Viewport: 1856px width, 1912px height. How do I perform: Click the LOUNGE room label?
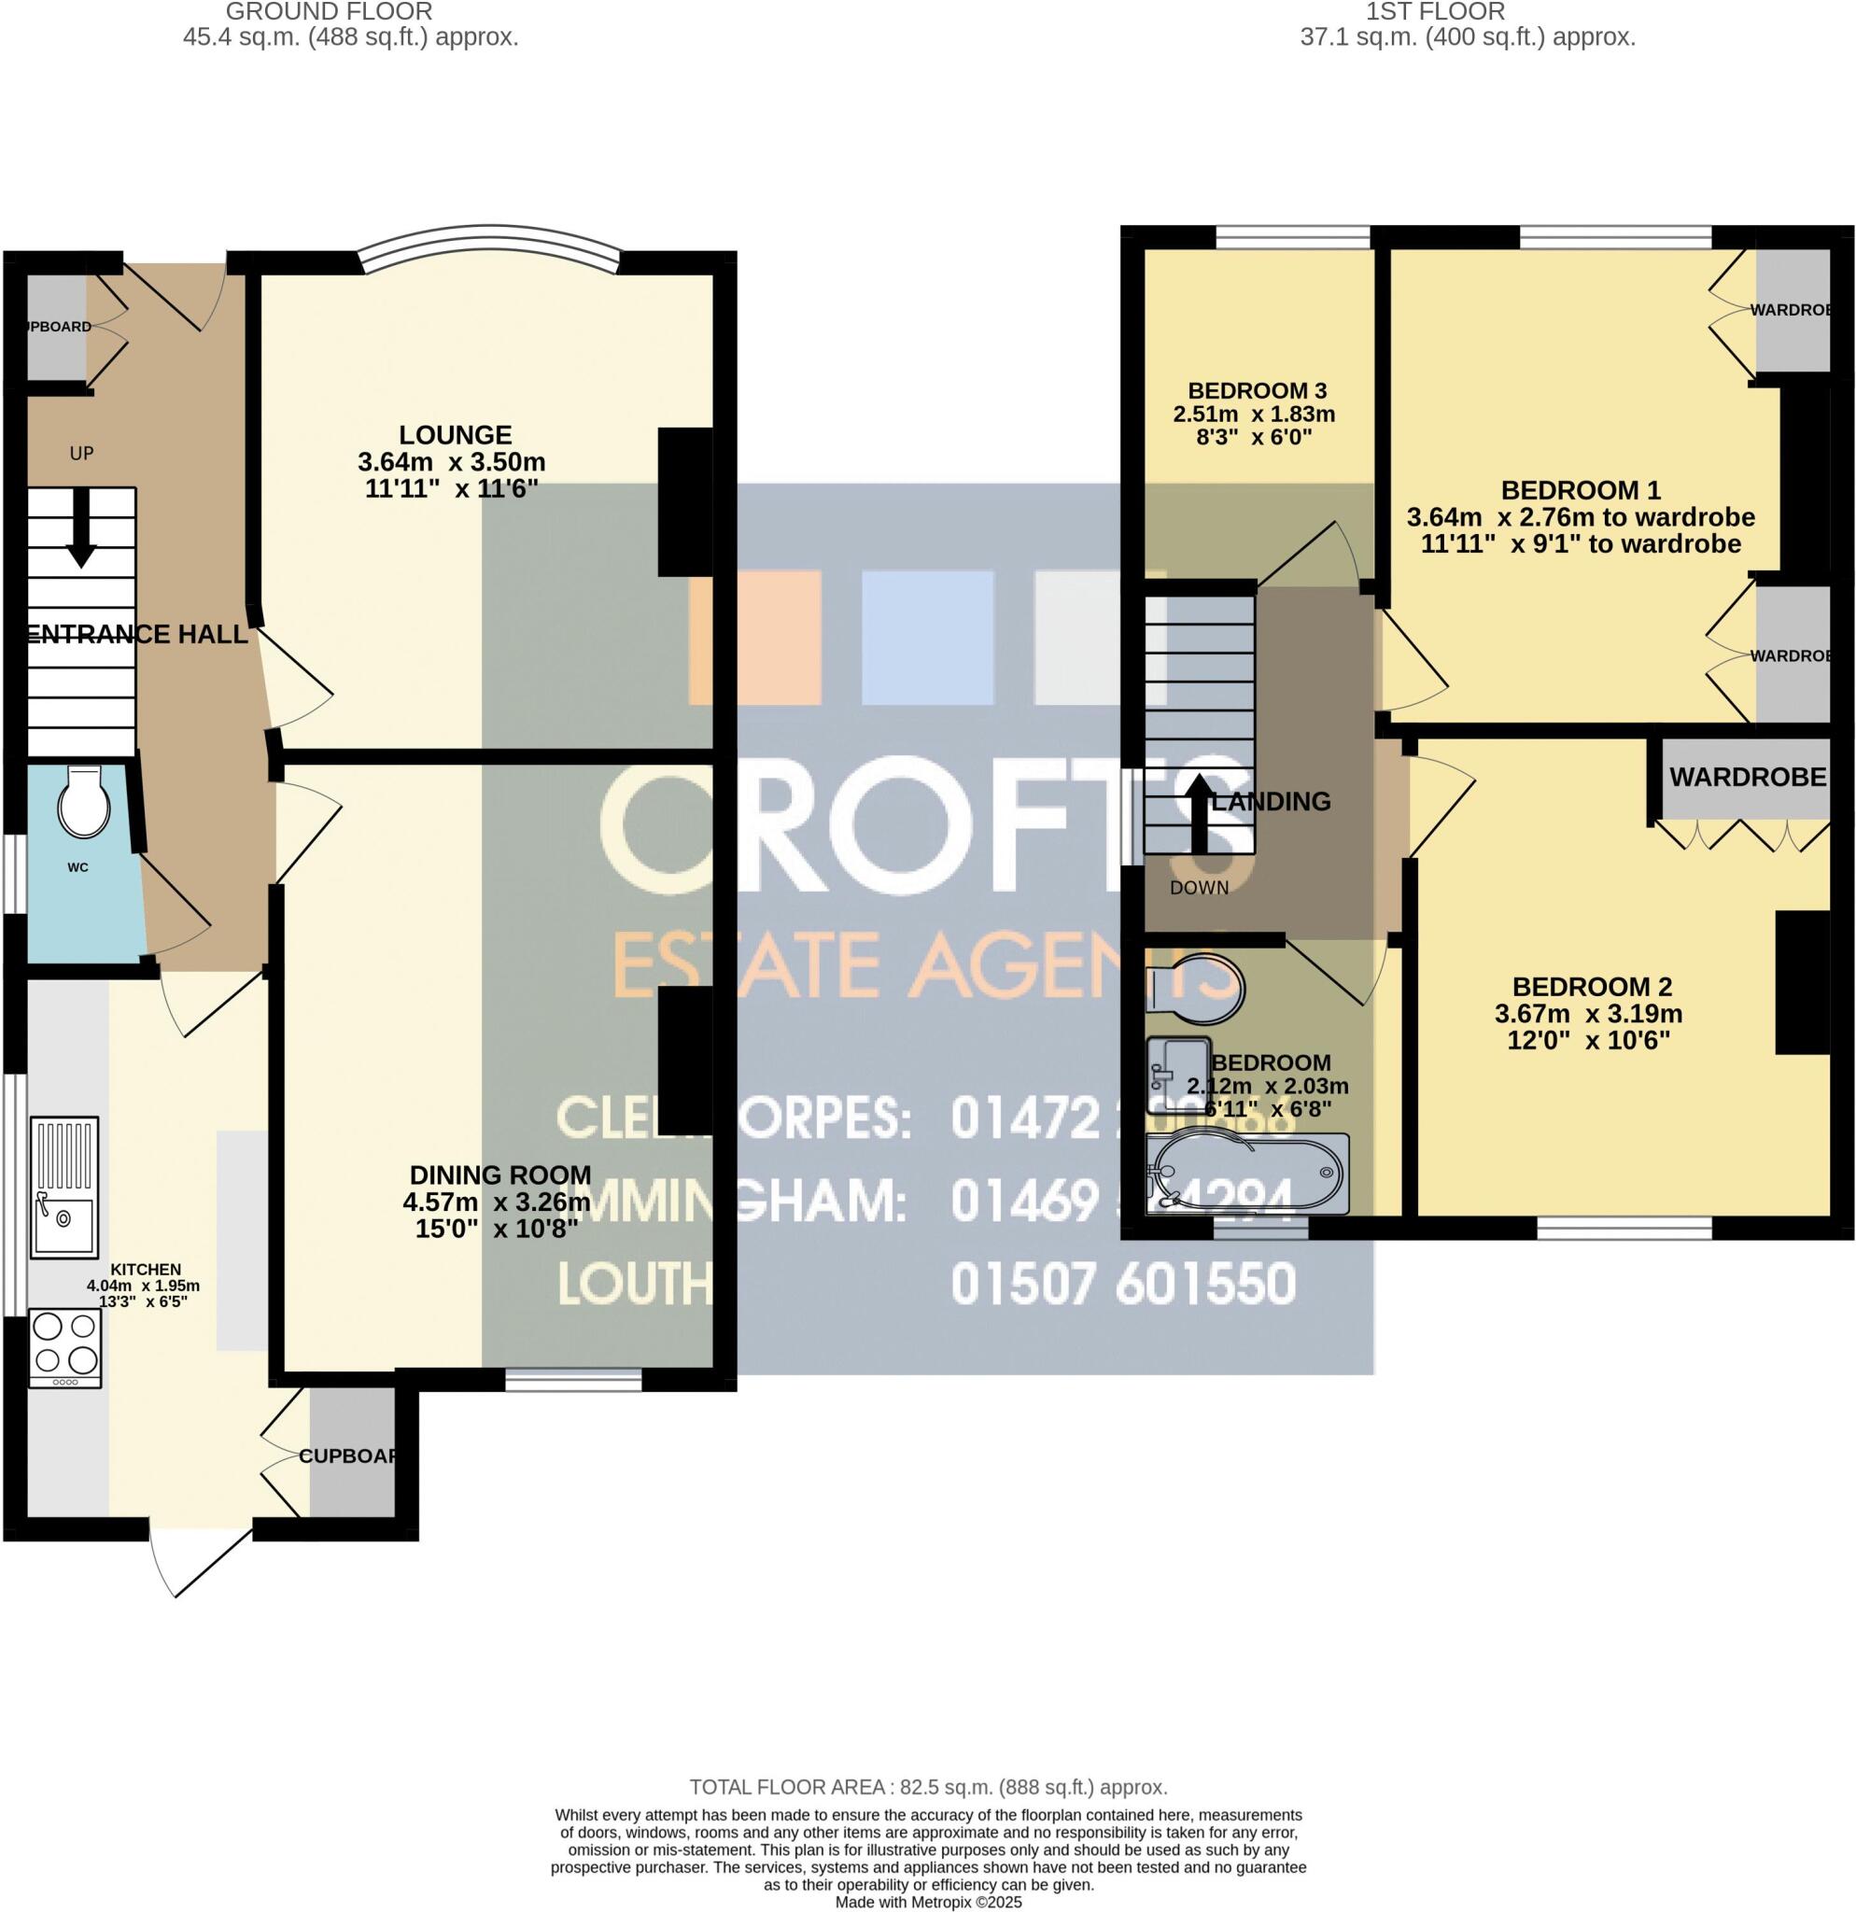click(456, 434)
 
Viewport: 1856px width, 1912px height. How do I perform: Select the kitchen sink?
click(65, 1186)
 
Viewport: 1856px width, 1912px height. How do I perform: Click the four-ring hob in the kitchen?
click(65, 1346)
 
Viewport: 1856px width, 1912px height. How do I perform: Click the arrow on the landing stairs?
click(1199, 811)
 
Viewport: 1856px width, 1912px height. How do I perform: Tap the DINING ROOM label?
click(499, 1174)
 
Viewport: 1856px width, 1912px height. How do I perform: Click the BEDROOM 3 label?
click(1253, 390)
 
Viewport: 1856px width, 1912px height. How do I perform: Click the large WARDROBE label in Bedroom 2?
click(1747, 777)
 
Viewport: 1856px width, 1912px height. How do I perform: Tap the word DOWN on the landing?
click(1199, 887)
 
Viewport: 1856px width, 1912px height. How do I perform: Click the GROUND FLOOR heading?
click(329, 12)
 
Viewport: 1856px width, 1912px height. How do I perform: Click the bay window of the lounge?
click(487, 239)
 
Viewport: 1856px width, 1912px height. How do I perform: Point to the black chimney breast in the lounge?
click(686, 501)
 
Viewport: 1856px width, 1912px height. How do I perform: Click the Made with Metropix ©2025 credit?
click(927, 1903)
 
